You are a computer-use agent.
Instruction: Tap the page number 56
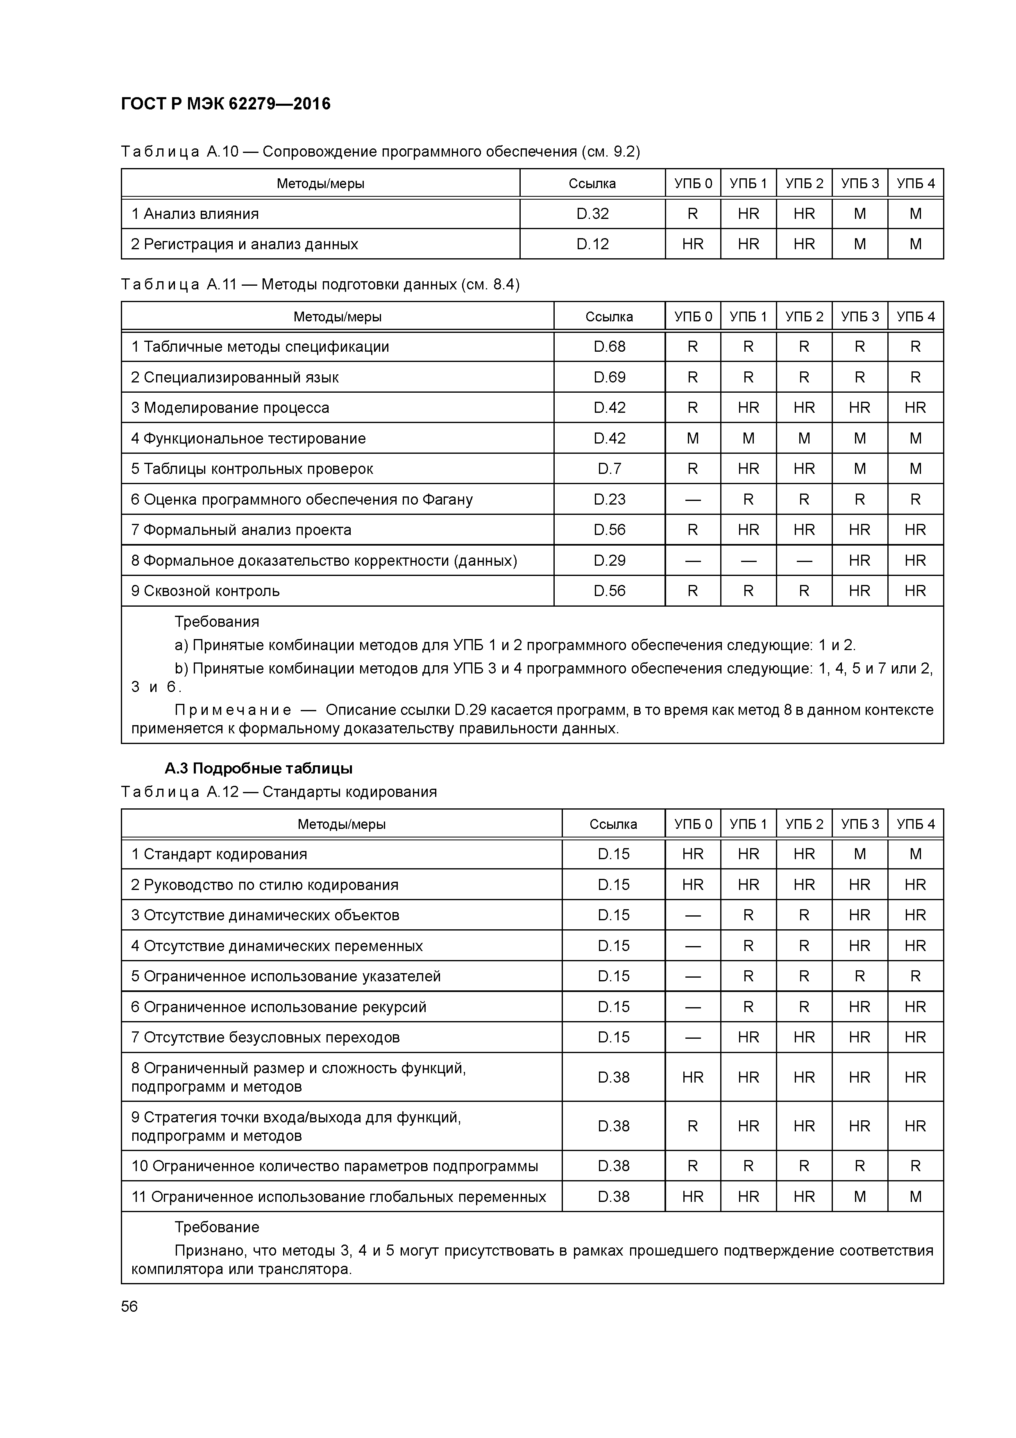click(x=129, y=1306)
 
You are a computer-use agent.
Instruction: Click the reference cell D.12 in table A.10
click(x=592, y=244)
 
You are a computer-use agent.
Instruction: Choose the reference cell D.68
click(x=609, y=347)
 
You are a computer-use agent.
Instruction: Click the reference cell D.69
click(x=609, y=378)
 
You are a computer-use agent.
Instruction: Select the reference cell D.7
click(x=609, y=469)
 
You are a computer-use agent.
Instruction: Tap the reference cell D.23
click(x=609, y=500)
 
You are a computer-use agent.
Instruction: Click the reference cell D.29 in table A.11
click(x=609, y=560)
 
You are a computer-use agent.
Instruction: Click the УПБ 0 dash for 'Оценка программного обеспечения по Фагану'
click(x=692, y=500)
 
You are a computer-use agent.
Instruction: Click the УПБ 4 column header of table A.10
click(x=915, y=184)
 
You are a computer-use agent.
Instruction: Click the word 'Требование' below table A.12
click(x=217, y=1227)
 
